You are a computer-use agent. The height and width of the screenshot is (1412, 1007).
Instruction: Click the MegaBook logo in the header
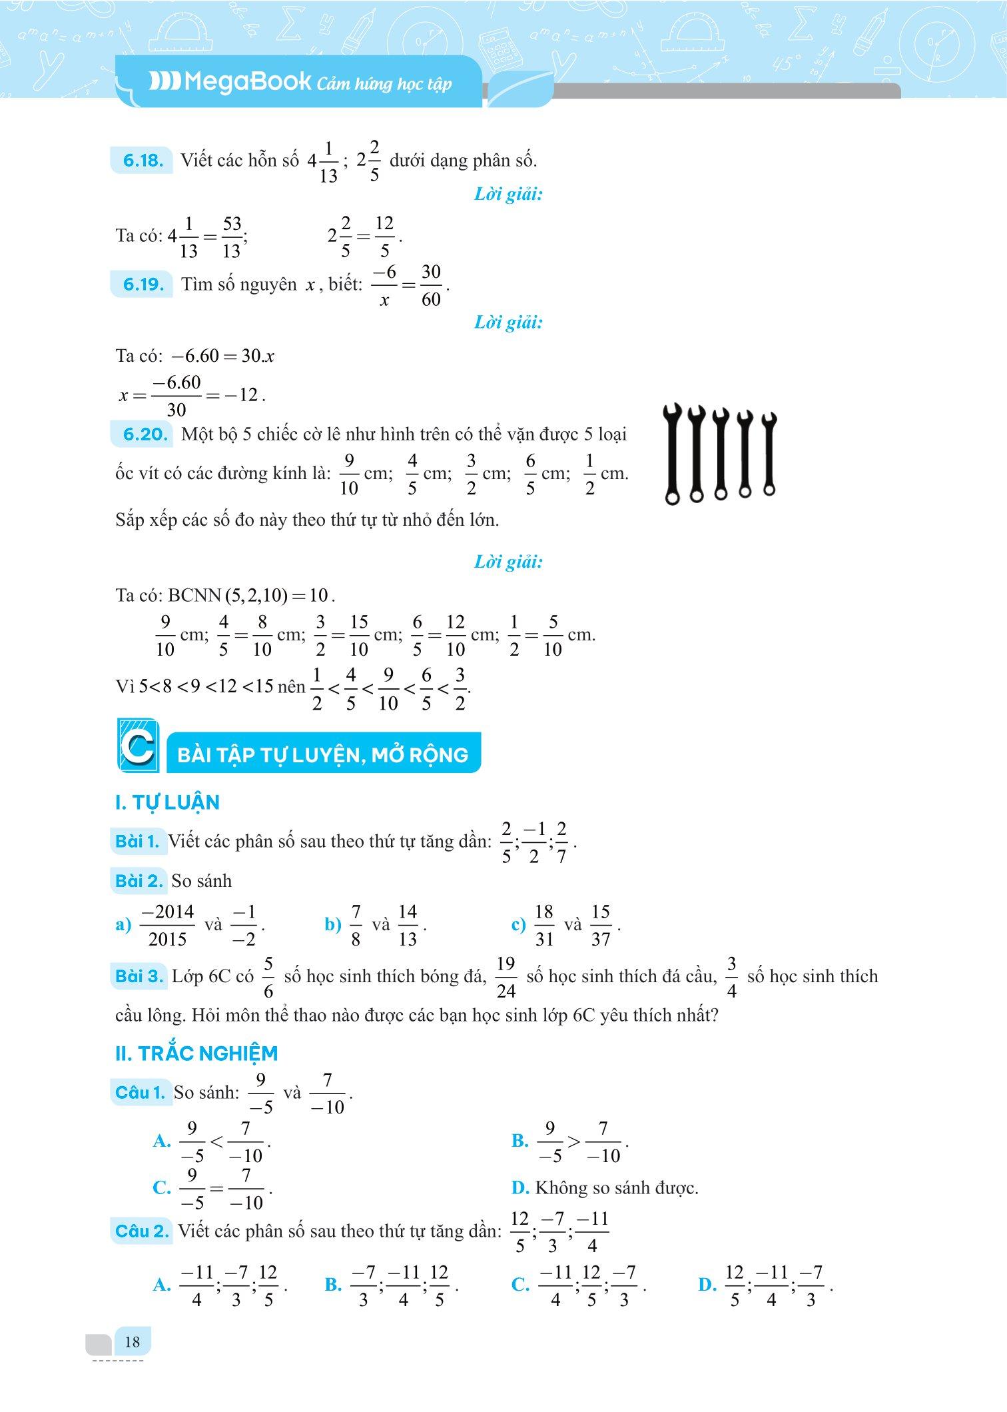pos(230,82)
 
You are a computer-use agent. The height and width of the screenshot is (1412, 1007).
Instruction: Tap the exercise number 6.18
pos(143,161)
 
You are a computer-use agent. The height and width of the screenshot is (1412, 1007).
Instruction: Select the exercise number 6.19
pos(143,285)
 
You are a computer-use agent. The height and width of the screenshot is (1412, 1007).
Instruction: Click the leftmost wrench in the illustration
pos(673,453)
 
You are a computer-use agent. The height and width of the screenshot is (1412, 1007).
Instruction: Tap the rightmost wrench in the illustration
pos(769,453)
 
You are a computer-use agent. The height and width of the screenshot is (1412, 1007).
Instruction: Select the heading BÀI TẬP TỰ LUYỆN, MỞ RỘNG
pos(323,755)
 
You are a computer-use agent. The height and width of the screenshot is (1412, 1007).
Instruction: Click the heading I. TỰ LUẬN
pos(167,802)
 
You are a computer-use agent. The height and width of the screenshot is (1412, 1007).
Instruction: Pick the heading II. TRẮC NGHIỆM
pos(196,1054)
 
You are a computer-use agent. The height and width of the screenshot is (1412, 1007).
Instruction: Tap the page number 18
pos(132,1341)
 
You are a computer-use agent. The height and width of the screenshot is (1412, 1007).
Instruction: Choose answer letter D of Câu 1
pos(520,1187)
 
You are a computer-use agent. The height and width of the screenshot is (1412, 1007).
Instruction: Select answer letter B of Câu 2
pos(333,1285)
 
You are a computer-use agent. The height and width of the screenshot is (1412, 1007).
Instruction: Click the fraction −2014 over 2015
pos(168,925)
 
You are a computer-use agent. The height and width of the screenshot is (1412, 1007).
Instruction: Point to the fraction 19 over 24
pos(506,977)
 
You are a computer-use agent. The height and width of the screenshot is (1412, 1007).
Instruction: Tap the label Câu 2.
pos(142,1231)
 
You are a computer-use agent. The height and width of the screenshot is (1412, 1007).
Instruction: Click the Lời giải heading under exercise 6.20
pos(508,562)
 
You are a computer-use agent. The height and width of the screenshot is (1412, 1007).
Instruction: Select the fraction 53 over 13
pos(232,237)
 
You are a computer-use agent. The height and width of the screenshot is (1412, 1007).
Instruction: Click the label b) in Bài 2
pos(332,925)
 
